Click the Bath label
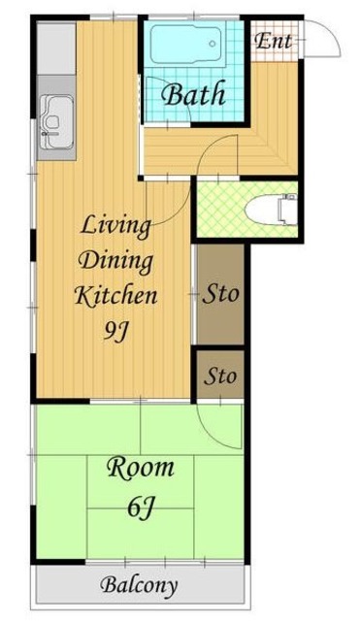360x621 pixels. click(194, 94)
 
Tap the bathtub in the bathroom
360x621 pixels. click(185, 44)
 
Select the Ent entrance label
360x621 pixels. click(274, 41)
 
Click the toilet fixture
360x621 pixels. click(272, 210)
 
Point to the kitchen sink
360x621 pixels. click(56, 122)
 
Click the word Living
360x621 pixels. click(115, 227)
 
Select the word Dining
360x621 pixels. click(115, 262)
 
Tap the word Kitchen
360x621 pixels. click(115, 296)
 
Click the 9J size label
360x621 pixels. click(116, 331)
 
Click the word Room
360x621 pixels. click(140, 468)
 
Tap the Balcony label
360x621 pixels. click(139, 585)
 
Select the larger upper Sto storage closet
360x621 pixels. click(220, 294)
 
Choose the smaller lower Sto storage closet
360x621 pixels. click(220, 376)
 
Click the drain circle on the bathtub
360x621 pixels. click(213, 44)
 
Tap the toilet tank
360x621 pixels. click(289, 210)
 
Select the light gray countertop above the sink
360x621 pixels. click(56, 49)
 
